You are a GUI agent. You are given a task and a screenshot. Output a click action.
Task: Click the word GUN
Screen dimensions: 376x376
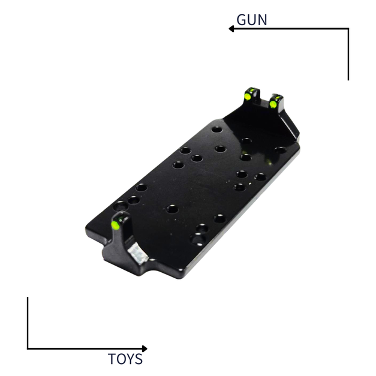click(252, 19)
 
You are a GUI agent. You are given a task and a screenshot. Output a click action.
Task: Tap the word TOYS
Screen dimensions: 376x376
click(125, 359)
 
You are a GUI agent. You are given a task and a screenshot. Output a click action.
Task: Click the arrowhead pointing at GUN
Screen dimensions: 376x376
click(231, 28)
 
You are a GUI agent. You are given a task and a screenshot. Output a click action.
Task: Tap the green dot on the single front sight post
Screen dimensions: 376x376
click(115, 225)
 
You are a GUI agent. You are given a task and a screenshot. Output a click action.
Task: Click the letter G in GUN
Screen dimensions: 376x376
click(242, 19)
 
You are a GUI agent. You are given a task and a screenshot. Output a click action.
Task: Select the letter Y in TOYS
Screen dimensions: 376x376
click(130, 359)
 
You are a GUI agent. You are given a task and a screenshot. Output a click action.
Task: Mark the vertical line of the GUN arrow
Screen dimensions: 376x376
click(348, 54)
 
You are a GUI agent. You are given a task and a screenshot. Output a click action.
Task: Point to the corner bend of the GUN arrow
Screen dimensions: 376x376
click(348, 28)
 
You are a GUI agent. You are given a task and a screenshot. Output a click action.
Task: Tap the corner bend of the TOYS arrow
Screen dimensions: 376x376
click(28, 348)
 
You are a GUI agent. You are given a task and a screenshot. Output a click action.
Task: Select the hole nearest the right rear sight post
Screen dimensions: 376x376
click(280, 149)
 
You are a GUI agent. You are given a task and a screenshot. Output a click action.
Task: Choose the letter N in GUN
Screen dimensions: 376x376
click(261, 19)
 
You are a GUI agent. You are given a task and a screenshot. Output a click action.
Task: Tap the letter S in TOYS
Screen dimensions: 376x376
click(139, 359)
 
